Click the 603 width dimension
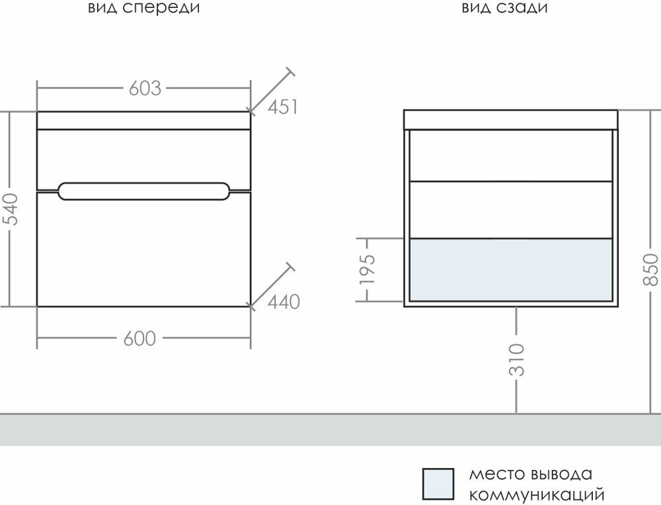coord(145,88)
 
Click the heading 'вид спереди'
coord(143,9)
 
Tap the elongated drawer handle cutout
coord(144,191)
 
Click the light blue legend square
coord(438,484)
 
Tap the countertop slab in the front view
coord(144,120)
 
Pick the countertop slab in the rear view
coord(510,119)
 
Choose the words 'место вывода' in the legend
coord(530,475)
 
